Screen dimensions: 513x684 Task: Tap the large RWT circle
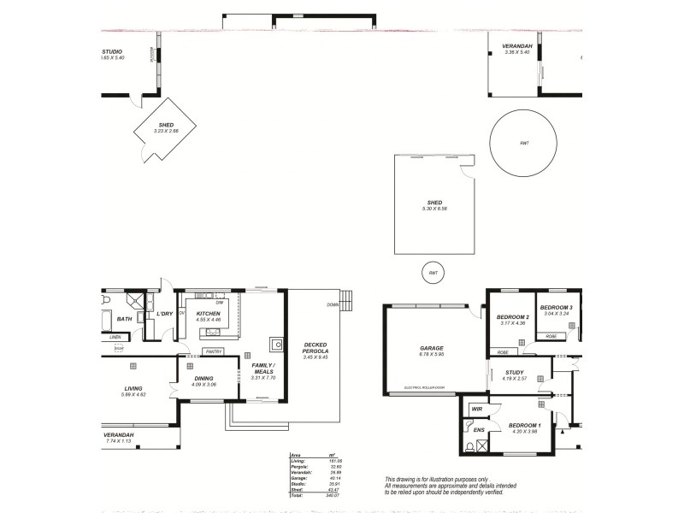pos(524,143)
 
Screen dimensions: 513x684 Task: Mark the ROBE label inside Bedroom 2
pos(503,352)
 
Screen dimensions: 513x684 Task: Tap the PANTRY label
pos(214,351)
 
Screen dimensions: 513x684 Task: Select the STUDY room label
pos(514,373)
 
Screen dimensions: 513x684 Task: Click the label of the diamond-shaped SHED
pos(166,125)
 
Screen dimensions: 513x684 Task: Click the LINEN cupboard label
pos(115,337)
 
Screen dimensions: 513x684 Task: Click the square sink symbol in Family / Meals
pos(277,345)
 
